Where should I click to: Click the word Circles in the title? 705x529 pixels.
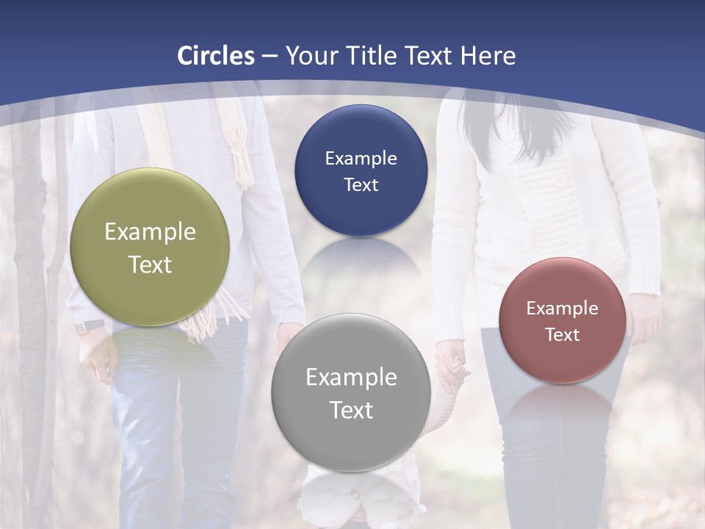point(216,56)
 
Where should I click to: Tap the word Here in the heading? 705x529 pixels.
point(488,56)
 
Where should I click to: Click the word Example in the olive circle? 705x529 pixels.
point(150,232)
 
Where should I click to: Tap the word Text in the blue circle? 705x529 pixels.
point(361,184)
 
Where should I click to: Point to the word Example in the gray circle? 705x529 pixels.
point(351,378)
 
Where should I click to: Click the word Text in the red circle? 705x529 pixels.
point(562,335)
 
